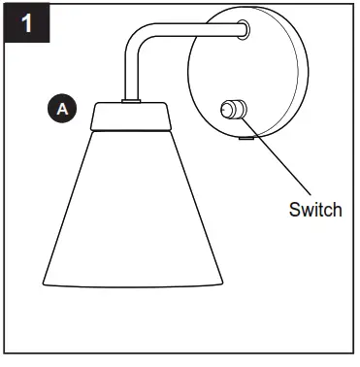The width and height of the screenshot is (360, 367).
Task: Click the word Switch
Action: pyautogui.click(x=315, y=209)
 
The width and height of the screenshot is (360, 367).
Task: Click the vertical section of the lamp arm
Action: pyautogui.click(x=128, y=73)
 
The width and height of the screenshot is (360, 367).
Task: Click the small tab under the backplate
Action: pyautogui.click(x=245, y=137)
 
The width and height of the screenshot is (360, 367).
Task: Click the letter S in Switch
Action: pyautogui.click(x=295, y=209)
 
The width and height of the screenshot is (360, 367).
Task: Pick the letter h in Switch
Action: pyautogui.click(x=338, y=209)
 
